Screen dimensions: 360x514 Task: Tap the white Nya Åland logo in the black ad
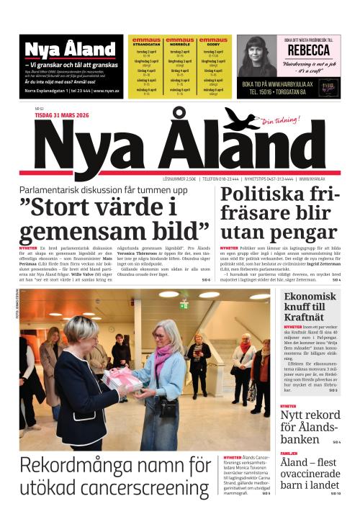tap(61, 49)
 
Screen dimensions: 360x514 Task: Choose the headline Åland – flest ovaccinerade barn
tap(310, 476)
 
